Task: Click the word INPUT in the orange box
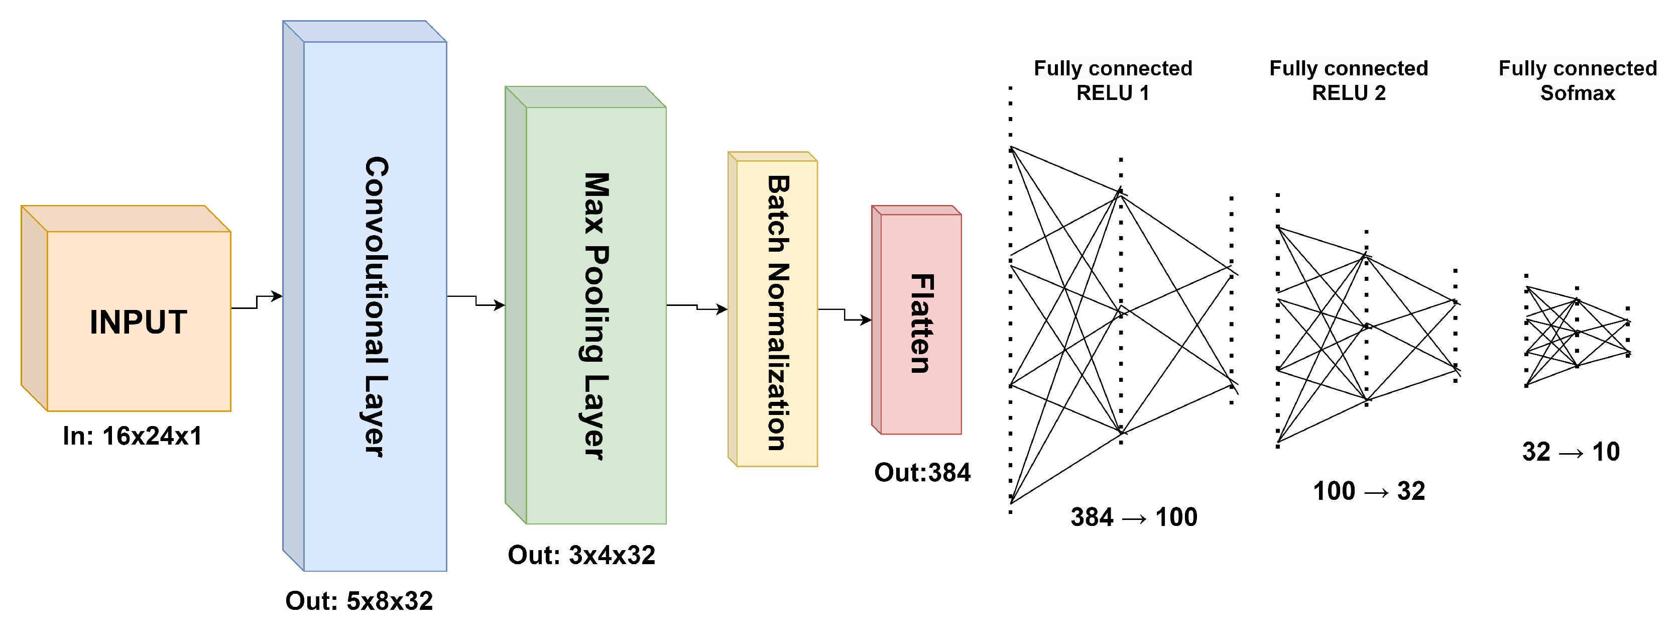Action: click(x=138, y=322)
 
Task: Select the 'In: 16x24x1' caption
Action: click(x=133, y=436)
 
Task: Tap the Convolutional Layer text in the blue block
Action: click(x=376, y=306)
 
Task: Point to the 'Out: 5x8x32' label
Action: click(x=358, y=601)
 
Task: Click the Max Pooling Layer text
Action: click(x=595, y=316)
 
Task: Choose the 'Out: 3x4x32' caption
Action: click(x=581, y=555)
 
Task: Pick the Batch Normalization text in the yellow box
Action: click(x=777, y=313)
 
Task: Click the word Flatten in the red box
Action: click(x=921, y=323)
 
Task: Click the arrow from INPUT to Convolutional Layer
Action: click(x=257, y=301)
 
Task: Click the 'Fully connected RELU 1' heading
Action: click(x=1113, y=80)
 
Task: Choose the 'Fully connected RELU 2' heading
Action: click(x=1348, y=80)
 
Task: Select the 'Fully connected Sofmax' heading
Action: click(x=1577, y=80)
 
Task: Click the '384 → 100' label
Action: click(x=1134, y=517)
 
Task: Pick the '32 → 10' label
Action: click(x=1571, y=452)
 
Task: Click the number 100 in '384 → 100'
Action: click(x=1176, y=517)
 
